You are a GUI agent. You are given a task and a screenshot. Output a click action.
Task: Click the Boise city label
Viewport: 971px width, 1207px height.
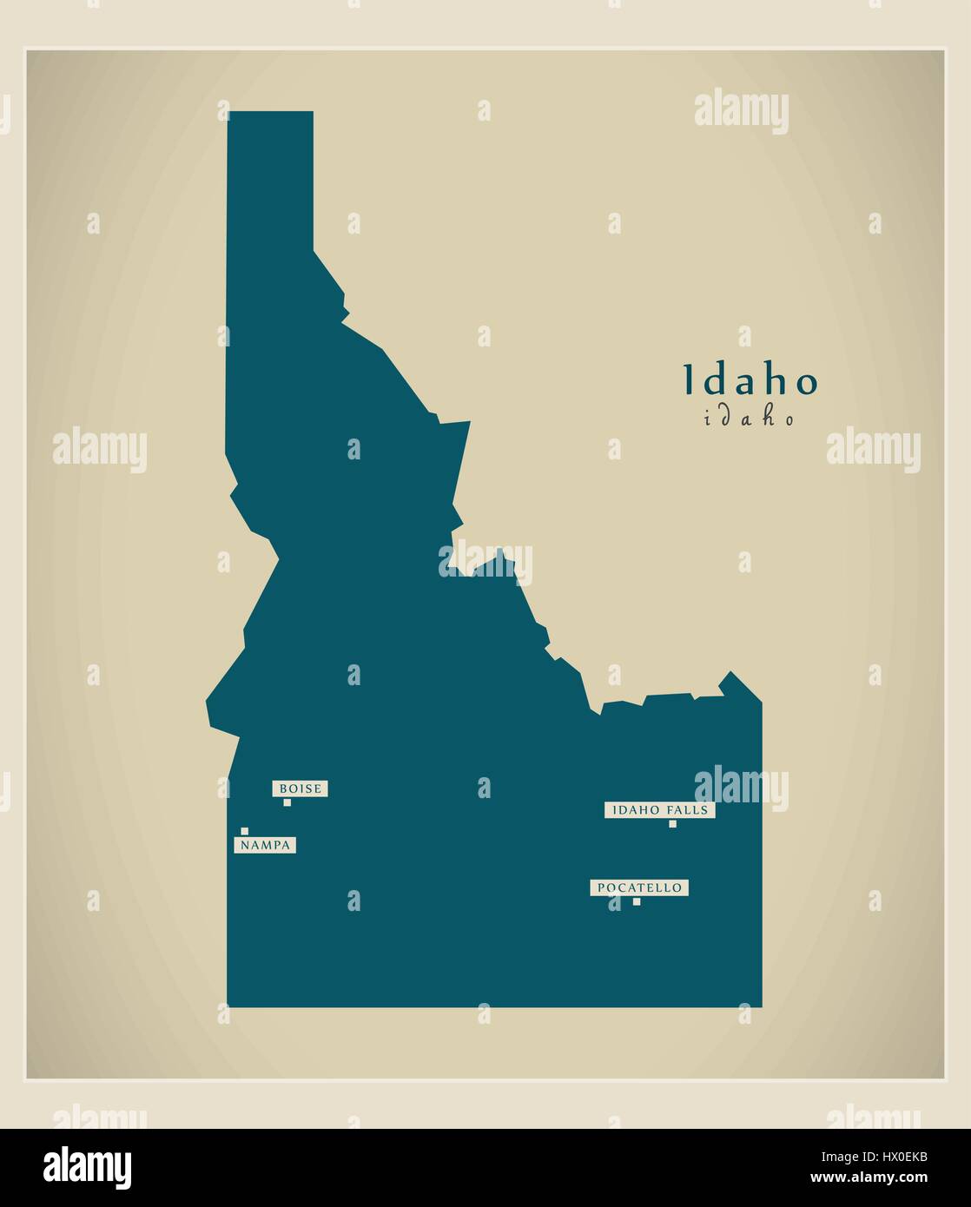coord(301,788)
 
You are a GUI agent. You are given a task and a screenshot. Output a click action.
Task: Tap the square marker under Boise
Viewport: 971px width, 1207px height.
coord(287,802)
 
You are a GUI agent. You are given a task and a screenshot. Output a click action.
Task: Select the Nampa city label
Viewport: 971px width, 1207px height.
coord(265,845)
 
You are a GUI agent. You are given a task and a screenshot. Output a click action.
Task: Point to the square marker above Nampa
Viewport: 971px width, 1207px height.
coord(245,831)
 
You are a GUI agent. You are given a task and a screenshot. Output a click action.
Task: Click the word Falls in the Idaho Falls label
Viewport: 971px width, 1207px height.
coord(688,810)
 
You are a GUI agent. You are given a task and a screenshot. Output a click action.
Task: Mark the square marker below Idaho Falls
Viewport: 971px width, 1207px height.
coord(672,823)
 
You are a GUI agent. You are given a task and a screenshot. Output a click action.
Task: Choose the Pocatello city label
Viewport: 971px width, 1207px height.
coord(640,887)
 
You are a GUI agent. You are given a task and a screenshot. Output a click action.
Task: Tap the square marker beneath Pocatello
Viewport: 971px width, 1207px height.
coord(637,901)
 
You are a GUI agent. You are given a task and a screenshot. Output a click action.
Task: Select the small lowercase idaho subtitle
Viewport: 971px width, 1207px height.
coord(750,419)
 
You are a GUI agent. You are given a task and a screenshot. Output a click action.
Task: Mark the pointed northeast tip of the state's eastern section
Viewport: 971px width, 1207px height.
coord(730,673)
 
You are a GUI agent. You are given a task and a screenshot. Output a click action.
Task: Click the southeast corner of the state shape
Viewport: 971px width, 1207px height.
coord(762,1006)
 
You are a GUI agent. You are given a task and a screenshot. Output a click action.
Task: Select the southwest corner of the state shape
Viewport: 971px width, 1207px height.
coord(228,1006)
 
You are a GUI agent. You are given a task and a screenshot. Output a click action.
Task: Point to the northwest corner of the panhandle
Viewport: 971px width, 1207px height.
coord(229,113)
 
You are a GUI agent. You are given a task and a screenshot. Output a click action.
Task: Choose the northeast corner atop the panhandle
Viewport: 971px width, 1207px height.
coord(312,113)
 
